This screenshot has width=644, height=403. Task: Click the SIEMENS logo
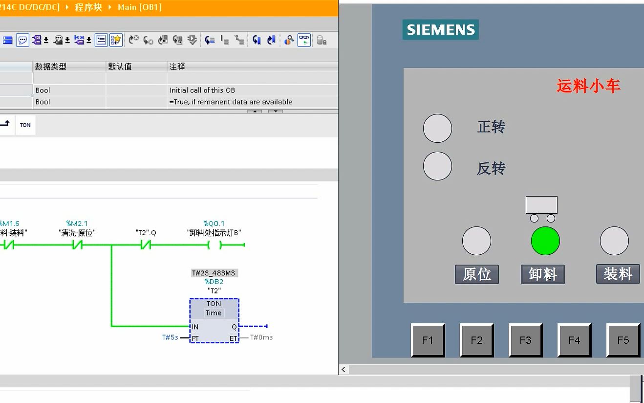440,30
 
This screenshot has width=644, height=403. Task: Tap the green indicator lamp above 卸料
545,241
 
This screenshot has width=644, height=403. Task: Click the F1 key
428,340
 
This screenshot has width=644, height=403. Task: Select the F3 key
525,340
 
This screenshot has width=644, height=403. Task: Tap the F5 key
623,340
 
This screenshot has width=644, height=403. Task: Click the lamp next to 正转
437,128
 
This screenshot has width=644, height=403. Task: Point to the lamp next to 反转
437,166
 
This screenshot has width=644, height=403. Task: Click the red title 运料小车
588,87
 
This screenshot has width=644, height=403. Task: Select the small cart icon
542,209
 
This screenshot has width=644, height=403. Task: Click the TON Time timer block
214,320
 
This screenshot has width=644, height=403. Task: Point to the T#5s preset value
170,337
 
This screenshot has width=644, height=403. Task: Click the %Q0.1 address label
214,224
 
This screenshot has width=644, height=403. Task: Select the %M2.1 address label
77,224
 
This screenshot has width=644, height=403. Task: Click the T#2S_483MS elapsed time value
214,273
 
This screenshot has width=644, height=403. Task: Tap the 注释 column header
177,67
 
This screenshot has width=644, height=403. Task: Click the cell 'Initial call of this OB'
202,90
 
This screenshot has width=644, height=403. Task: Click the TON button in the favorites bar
25,125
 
